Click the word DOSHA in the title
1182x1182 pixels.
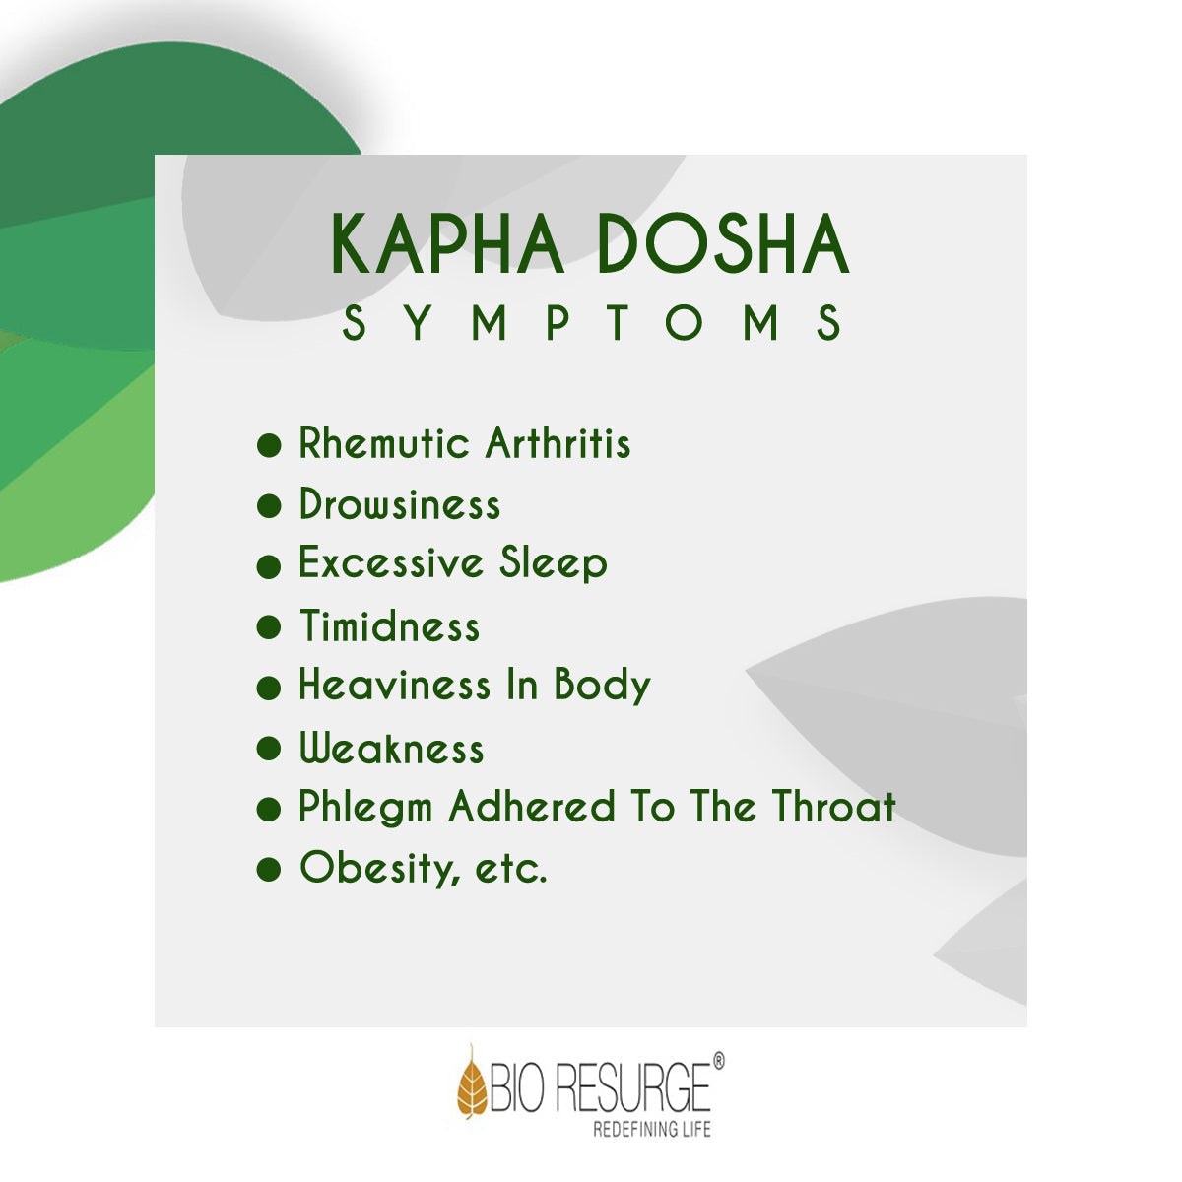click(x=723, y=243)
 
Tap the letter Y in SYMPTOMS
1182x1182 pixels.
click(x=419, y=323)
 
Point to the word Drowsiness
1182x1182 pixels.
click(x=400, y=503)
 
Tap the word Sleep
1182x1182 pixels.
click(x=554, y=563)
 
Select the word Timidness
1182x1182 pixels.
click(x=390, y=625)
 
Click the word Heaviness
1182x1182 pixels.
click(x=394, y=684)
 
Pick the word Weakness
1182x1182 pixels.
click(x=392, y=748)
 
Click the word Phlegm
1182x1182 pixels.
click(x=365, y=808)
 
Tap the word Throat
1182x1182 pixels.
click(x=834, y=806)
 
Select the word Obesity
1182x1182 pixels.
click(x=379, y=869)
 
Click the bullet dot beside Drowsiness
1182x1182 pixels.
click(x=269, y=506)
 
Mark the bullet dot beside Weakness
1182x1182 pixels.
click(x=269, y=749)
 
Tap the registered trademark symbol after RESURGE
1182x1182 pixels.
click(x=718, y=1061)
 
